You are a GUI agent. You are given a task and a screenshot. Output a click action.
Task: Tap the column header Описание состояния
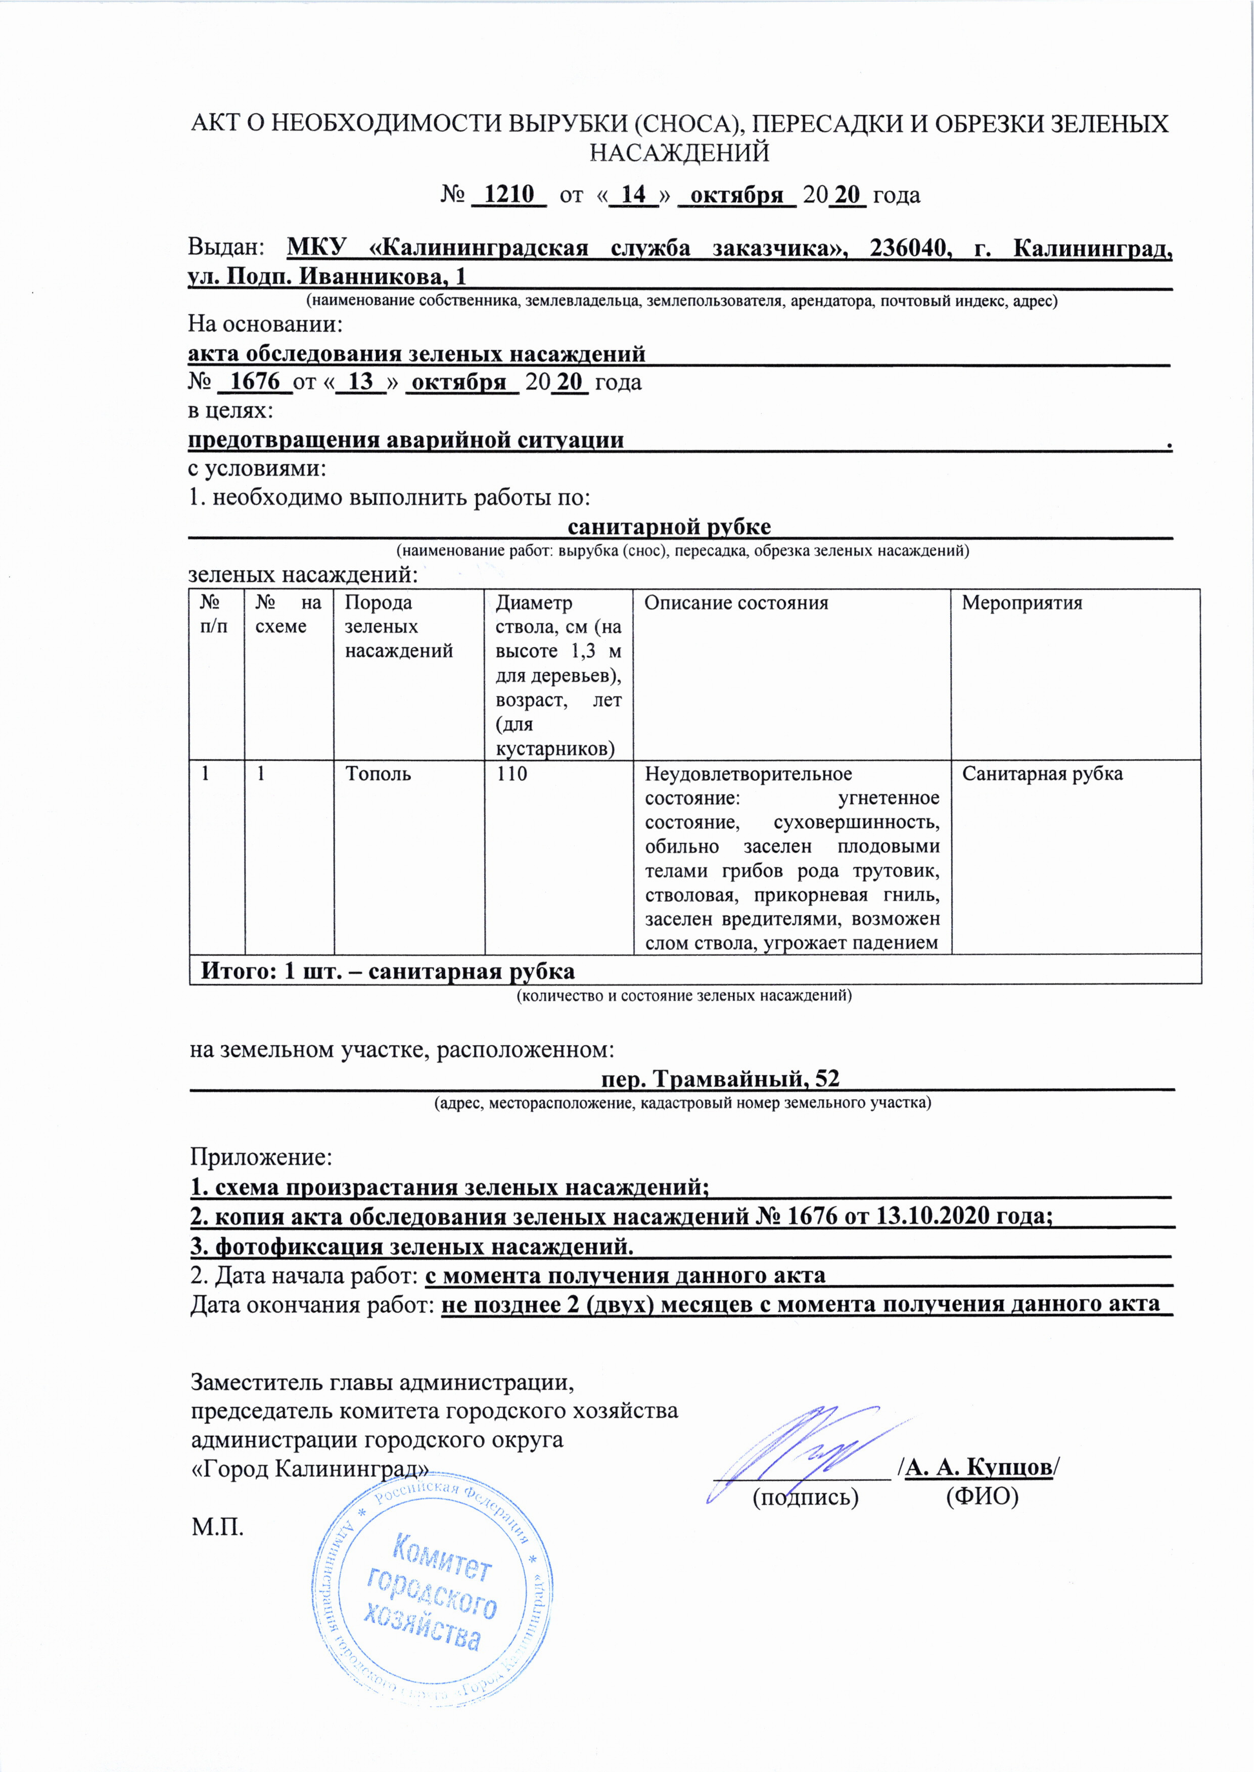click(x=736, y=603)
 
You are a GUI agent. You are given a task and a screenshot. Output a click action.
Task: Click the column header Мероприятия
click(x=1021, y=603)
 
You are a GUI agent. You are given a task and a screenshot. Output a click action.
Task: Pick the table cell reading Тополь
click(x=378, y=774)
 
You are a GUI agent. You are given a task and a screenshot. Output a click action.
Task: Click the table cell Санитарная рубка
click(x=1042, y=774)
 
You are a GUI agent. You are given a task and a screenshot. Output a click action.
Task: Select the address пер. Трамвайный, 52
click(x=720, y=1078)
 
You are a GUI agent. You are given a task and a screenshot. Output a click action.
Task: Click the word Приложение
click(x=261, y=1156)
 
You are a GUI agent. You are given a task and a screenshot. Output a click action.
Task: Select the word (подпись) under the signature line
click(x=805, y=1497)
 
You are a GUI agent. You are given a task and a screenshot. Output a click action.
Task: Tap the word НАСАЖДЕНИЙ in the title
click(x=679, y=153)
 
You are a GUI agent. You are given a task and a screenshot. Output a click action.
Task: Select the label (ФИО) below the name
click(x=982, y=1497)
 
